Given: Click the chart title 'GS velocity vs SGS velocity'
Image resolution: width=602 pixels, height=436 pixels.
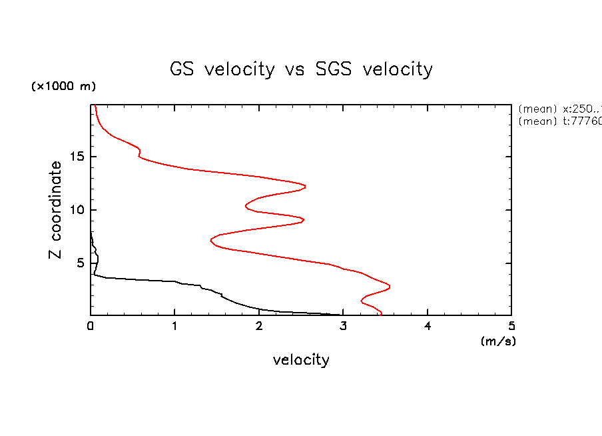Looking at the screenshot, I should [301, 69].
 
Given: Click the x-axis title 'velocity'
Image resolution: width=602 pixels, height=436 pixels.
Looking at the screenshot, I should [301, 360].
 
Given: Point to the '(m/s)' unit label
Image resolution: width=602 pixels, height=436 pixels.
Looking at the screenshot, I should [498, 341].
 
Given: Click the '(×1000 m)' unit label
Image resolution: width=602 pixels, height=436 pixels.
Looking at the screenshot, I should [63, 87].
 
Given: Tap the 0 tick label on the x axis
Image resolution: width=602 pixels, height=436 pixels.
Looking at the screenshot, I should [91, 326].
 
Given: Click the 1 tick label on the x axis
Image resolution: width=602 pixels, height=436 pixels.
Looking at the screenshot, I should [174, 326].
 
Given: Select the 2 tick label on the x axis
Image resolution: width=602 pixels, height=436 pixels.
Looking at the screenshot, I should [259, 326].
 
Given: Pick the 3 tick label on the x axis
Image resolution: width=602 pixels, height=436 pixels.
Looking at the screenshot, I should [343, 326].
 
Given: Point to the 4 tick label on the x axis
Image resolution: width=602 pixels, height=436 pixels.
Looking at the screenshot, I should [428, 326].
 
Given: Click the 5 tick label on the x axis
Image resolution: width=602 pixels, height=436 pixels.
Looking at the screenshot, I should [511, 326].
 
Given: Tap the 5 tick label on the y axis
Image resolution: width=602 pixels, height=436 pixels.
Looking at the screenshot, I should [80, 263].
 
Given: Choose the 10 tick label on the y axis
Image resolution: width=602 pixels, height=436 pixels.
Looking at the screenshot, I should [77, 210].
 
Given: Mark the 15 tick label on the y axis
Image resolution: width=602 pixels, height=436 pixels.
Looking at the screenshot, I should [77, 157].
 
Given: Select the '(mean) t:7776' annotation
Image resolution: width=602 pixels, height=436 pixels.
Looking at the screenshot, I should [559, 121].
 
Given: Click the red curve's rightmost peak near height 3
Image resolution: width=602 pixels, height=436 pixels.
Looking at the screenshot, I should [390, 287].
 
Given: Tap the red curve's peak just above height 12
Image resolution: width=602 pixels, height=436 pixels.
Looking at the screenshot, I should [306, 186].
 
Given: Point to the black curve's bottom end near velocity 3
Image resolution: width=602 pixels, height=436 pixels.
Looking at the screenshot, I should [340, 315].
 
